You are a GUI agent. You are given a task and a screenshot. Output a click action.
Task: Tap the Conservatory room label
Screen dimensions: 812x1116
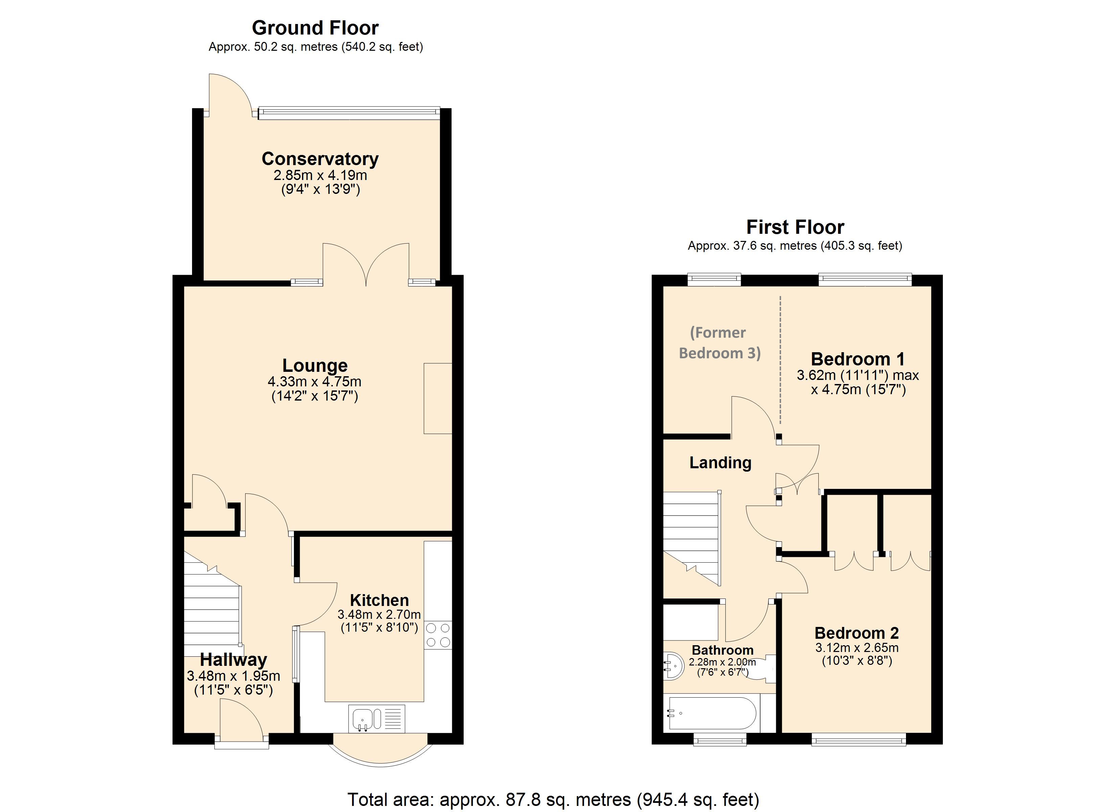click(x=320, y=159)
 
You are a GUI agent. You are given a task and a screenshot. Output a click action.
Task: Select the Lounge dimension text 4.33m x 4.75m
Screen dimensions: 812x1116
click(x=315, y=382)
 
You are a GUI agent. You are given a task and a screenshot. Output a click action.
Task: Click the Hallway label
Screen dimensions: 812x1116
click(x=233, y=659)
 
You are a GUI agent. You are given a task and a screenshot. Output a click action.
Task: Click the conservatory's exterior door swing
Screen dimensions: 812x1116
click(x=229, y=94)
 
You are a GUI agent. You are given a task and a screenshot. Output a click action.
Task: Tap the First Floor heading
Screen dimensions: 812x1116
click(x=795, y=227)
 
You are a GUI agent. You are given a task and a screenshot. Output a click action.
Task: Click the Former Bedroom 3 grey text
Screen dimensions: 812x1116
click(x=719, y=343)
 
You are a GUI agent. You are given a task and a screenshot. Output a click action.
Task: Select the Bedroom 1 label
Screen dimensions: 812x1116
click(x=857, y=359)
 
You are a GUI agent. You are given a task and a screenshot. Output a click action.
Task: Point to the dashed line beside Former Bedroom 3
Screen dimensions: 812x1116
click(x=781, y=359)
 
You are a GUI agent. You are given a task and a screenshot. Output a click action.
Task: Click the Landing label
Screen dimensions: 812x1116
click(x=720, y=463)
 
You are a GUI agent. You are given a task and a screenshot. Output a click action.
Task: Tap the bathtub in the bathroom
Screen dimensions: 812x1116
click(x=711, y=713)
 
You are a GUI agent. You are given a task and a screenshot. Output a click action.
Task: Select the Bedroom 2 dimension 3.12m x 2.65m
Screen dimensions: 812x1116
click(x=857, y=648)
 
